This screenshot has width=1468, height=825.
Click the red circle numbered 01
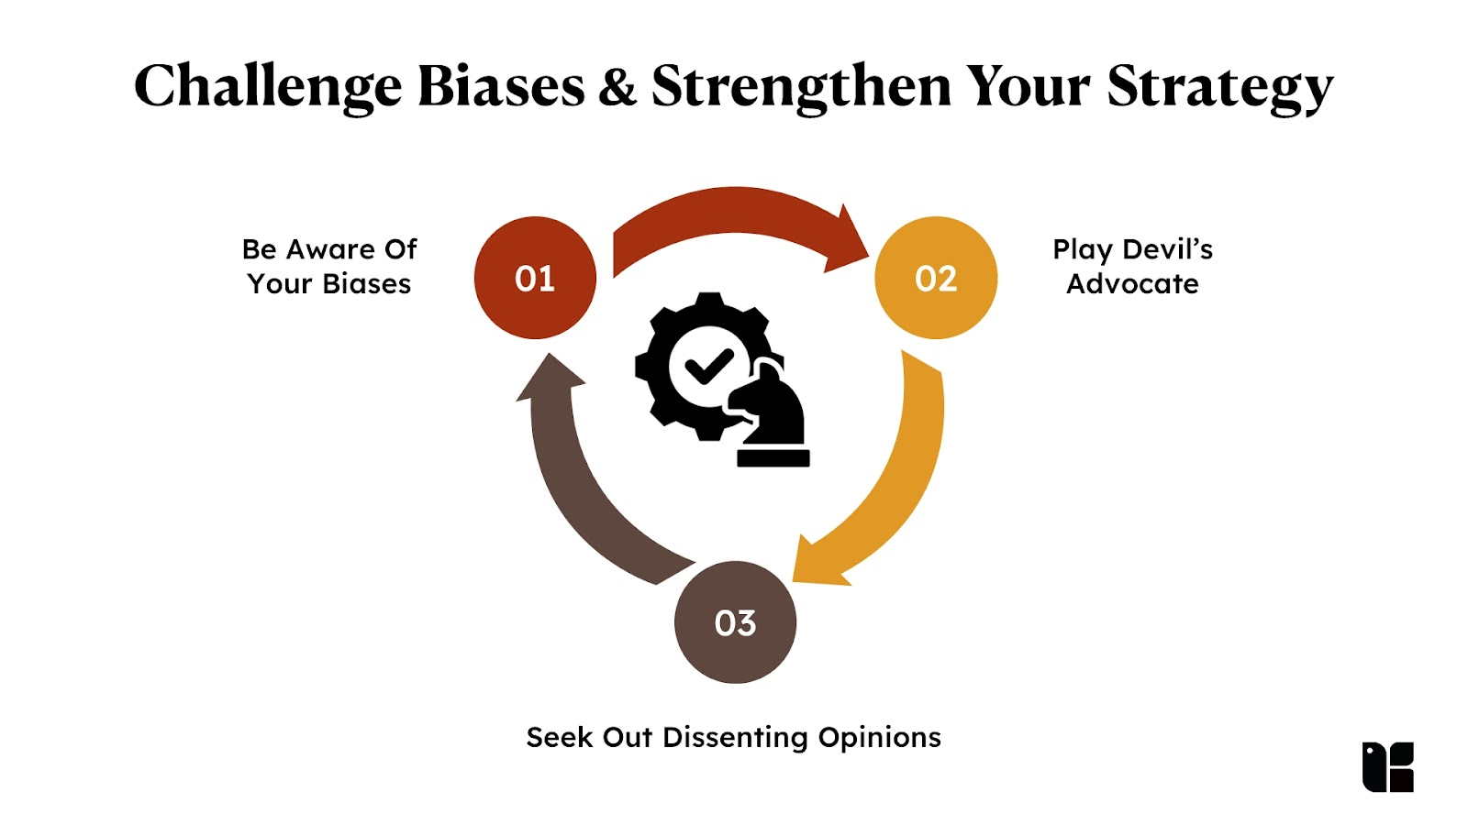(535, 278)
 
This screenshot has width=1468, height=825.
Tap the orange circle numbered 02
(936, 278)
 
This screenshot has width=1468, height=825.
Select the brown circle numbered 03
(735, 622)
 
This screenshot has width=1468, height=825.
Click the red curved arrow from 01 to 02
(734, 211)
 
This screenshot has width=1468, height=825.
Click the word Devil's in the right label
(1168, 249)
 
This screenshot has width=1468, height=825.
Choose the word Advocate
(1132, 284)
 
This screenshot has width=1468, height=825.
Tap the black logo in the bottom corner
(1387, 766)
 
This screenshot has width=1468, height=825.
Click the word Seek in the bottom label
(559, 738)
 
